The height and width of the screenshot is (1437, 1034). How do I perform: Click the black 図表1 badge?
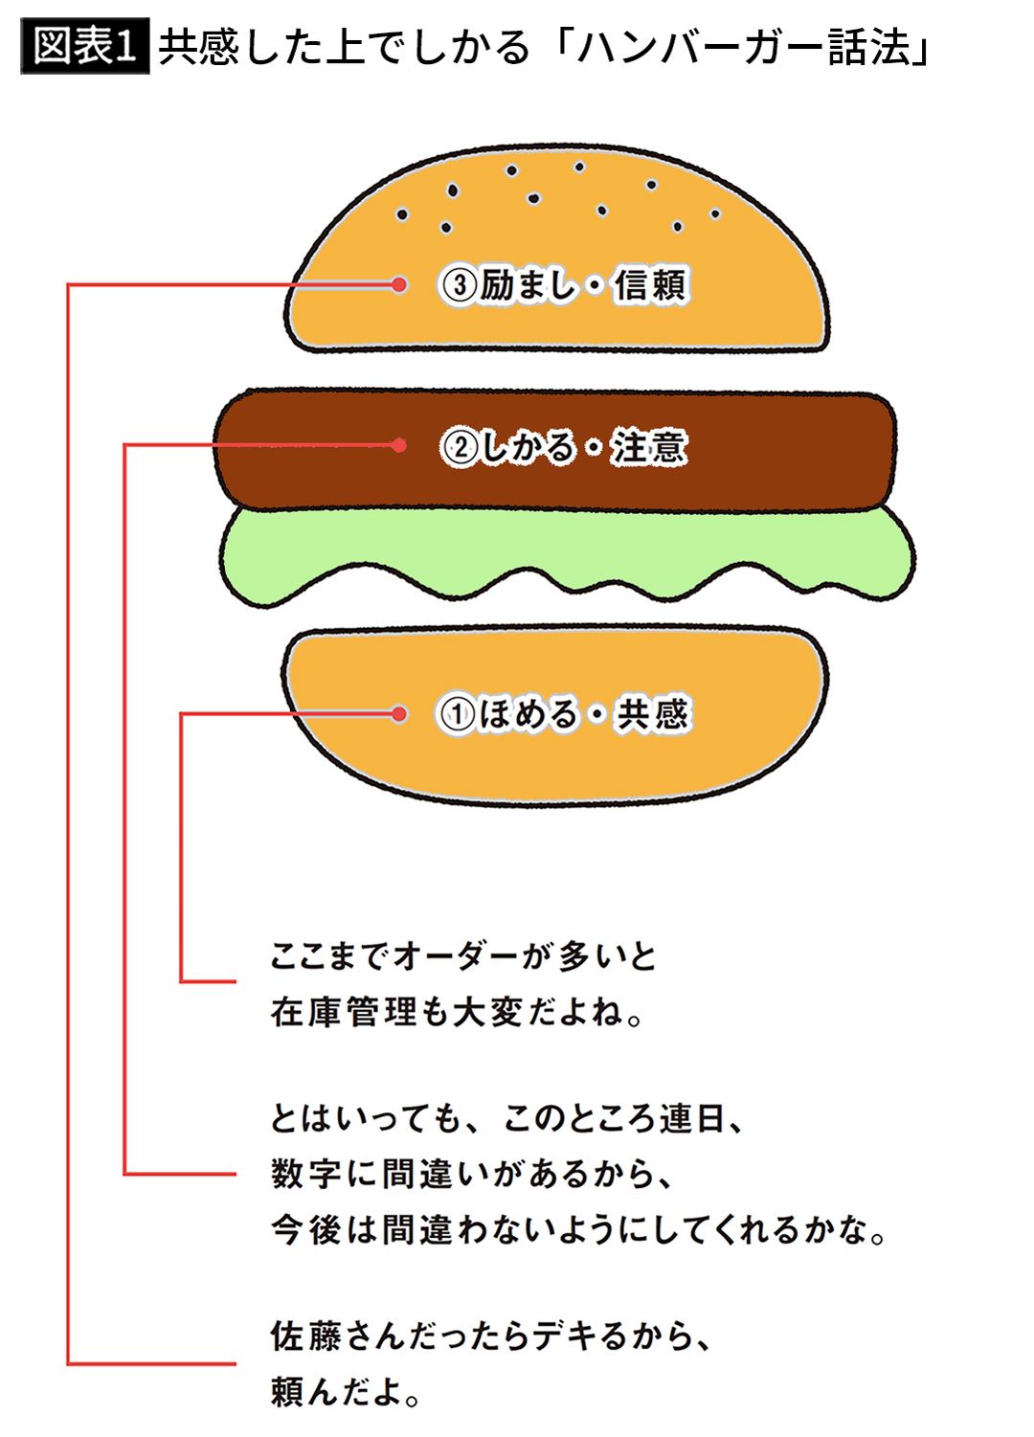(84, 47)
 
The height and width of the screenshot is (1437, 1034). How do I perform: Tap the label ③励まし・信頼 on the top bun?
(564, 285)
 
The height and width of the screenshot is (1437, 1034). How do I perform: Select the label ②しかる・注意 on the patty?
(564, 447)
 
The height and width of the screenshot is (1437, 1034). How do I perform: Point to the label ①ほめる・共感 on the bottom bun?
(564, 714)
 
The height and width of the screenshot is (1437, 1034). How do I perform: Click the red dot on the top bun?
(399, 284)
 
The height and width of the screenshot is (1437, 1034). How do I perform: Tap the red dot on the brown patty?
(399, 445)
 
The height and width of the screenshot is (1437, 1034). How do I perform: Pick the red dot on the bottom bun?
(399, 713)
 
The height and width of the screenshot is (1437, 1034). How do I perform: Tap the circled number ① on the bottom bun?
(457, 714)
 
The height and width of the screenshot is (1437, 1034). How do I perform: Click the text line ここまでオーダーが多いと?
(463, 955)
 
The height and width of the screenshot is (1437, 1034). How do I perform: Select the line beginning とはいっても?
(507, 1117)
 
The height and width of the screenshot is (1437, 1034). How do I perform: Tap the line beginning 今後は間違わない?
(578, 1229)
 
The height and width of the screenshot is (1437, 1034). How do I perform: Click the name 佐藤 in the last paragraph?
(306, 1336)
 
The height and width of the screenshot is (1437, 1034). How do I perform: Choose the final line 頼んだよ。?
(346, 1391)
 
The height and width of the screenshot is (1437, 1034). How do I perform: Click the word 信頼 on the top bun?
(651, 285)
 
